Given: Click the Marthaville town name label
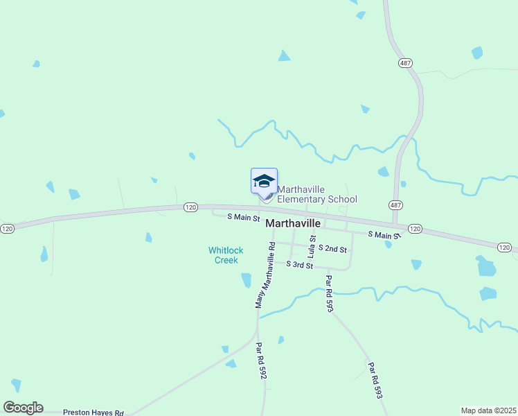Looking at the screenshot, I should (293, 223).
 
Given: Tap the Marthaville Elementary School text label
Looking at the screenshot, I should (317, 194).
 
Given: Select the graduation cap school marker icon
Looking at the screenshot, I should (264, 182).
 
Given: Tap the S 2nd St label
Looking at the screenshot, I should (332, 249).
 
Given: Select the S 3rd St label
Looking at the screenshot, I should (300, 265).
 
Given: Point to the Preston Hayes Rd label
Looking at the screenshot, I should (93, 411).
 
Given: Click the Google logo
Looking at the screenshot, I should (23, 408).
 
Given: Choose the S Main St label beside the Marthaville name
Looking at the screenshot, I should (244, 217).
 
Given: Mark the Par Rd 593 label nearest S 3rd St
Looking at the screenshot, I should (329, 294).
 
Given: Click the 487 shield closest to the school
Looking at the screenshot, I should (395, 205).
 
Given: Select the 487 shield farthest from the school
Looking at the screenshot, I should (406, 62).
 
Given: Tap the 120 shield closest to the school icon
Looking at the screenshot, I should (192, 207).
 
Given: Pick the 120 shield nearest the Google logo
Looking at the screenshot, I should (7, 229).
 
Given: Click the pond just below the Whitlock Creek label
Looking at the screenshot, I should (246, 280).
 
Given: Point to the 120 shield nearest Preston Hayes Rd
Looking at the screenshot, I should (7, 229).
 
